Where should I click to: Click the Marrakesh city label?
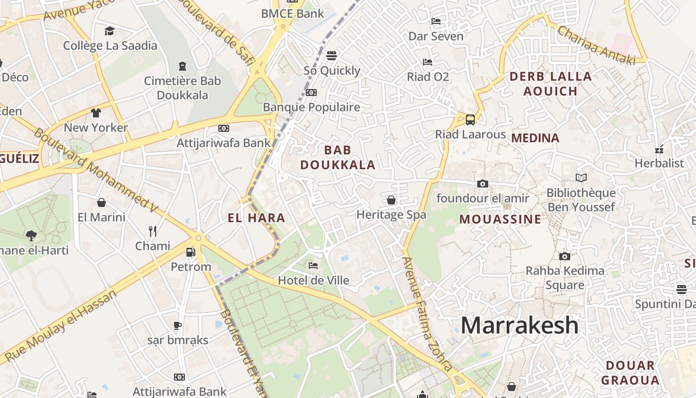(520, 325)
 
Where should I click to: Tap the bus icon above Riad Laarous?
(470, 119)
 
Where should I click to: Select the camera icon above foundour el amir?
(482, 184)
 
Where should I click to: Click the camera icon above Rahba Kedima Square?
(565, 256)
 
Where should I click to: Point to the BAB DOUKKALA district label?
(338, 157)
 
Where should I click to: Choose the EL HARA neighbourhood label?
(257, 217)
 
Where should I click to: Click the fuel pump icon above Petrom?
(190, 252)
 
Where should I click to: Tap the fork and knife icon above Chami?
(153, 231)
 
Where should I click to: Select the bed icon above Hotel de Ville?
(313, 265)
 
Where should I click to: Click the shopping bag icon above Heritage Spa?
(391, 200)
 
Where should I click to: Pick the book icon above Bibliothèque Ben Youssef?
(581, 178)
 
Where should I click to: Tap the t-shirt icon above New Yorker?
(96, 112)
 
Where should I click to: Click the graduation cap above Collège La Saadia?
(109, 31)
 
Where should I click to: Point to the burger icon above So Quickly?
(332, 55)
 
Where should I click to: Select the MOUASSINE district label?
(500, 219)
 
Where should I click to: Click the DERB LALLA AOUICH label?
(550, 84)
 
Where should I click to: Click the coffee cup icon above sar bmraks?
(177, 325)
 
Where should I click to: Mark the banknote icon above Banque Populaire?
(311, 92)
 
